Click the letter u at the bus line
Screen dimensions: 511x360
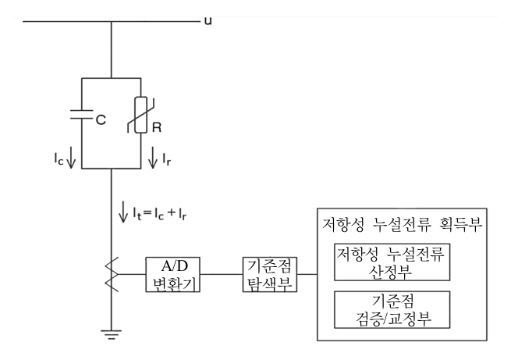[x=208, y=21]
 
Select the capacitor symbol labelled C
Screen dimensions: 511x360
[x=81, y=114]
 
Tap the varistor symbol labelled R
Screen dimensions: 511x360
[x=140, y=115]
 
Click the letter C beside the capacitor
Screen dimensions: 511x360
[x=101, y=119]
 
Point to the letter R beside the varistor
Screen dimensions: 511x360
[x=157, y=127]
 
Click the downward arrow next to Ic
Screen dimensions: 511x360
[x=71, y=158]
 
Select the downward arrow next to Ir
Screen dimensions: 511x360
[x=152, y=158]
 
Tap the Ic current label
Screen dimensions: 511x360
[x=59, y=159]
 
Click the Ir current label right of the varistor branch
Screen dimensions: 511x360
[x=166, y=159]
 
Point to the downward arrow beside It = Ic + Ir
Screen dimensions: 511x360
[x=122, y=212]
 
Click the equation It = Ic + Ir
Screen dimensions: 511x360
[x=159, y=214]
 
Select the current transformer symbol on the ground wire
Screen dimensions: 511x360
[x=112, y=274]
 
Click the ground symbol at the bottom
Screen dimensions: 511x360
[x=111, y=335]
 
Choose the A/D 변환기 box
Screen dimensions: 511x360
[x=172, y=274]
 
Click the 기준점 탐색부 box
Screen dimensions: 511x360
[x=269, y=274]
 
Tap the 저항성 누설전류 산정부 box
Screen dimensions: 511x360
[x=392, y=262]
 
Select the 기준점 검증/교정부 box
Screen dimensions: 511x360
[x=392, y=309]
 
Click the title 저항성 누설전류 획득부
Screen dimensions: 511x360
[x=402, y=225]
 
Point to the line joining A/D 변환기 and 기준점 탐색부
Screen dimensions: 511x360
[x=221, y=274]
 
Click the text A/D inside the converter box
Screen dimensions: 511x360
[x=175, y=266]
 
